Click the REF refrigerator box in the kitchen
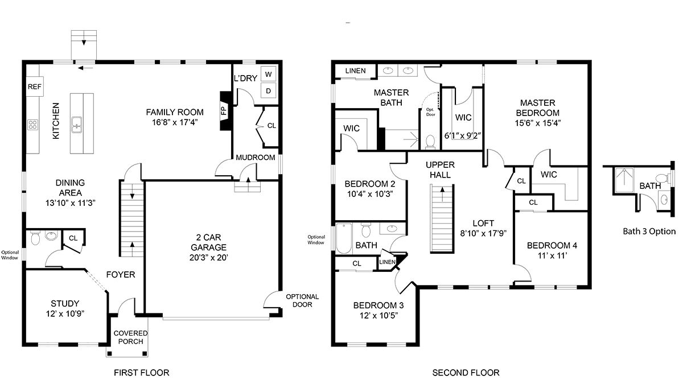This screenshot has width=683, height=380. pos(35,86)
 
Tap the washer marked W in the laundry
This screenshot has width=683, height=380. pos(268,74)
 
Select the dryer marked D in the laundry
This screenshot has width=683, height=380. pos(268,90)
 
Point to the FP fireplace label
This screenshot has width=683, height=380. pos(224,111)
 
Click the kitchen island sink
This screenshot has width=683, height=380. pos(76,125)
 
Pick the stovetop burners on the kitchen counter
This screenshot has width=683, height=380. pos(32,125)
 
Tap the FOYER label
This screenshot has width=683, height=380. pos(121,275)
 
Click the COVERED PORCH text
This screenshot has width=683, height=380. pos(130,337)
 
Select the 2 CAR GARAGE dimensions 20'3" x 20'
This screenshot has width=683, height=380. pos(208,258)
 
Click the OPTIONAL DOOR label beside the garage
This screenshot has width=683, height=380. pos(302,300)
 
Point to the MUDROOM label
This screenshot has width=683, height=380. pos(256,157)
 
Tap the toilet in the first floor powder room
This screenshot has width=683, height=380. pos(35,238)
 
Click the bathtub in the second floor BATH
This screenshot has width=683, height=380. pos(344,238)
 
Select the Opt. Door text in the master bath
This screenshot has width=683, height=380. pos(430,112)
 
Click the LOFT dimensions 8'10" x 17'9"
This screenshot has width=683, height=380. pos(483,233)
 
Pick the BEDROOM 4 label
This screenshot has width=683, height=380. pos(552,245)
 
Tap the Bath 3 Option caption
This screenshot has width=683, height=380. pos(649,232)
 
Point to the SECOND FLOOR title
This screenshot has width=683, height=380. pos(466,373)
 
